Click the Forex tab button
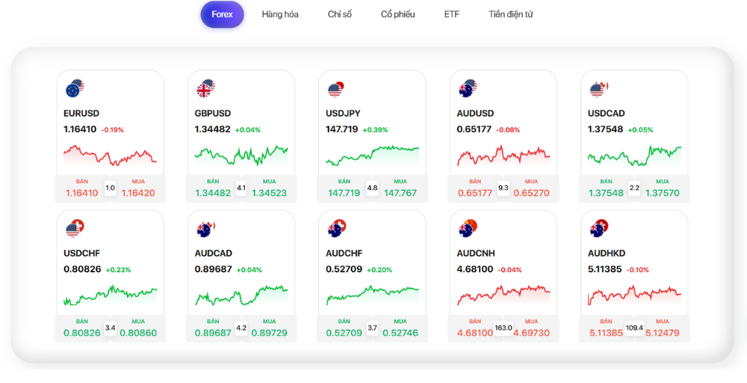[x=222, y=14]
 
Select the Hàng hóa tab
[x=280, y=14]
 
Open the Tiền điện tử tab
[x=511, y=14]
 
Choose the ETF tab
[x=452, y=14]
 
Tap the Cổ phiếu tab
[x=397, y=14]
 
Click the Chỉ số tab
[x=339, y=14]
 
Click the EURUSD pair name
[x=81, y=114]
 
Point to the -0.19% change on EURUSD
[x=112, y=130]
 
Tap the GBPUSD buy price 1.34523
[x=269, y=193]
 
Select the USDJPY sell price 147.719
[x=344, y=193]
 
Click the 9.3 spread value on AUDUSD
[x=503, y=188]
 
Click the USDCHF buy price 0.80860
[x=138, y=333]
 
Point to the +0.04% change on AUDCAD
[x=249, y=270]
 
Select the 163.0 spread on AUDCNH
[x=503, y=328]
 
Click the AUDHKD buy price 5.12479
[x=663, y=333]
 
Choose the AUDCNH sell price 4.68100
[x=475, y=333]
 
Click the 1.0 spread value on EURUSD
[x=111, y=188]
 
